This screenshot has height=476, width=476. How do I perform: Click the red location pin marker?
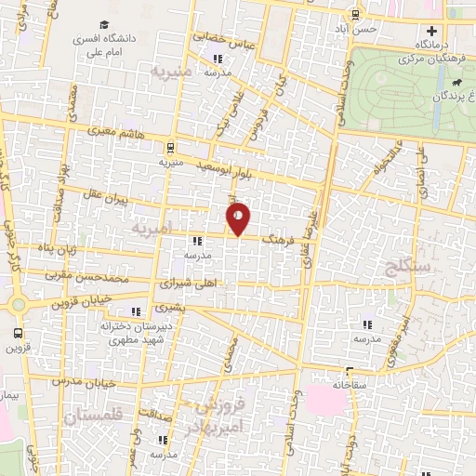(x=239, y=218)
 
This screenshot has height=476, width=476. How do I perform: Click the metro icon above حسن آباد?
(x=355, y=14)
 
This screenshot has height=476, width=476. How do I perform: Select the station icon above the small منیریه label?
(x=169, y=148)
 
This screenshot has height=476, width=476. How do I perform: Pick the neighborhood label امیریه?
(x=152, y=228)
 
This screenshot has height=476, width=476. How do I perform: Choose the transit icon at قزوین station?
(x=18, y=334)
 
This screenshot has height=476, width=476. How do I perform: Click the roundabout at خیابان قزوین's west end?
(x=18, y=304)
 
